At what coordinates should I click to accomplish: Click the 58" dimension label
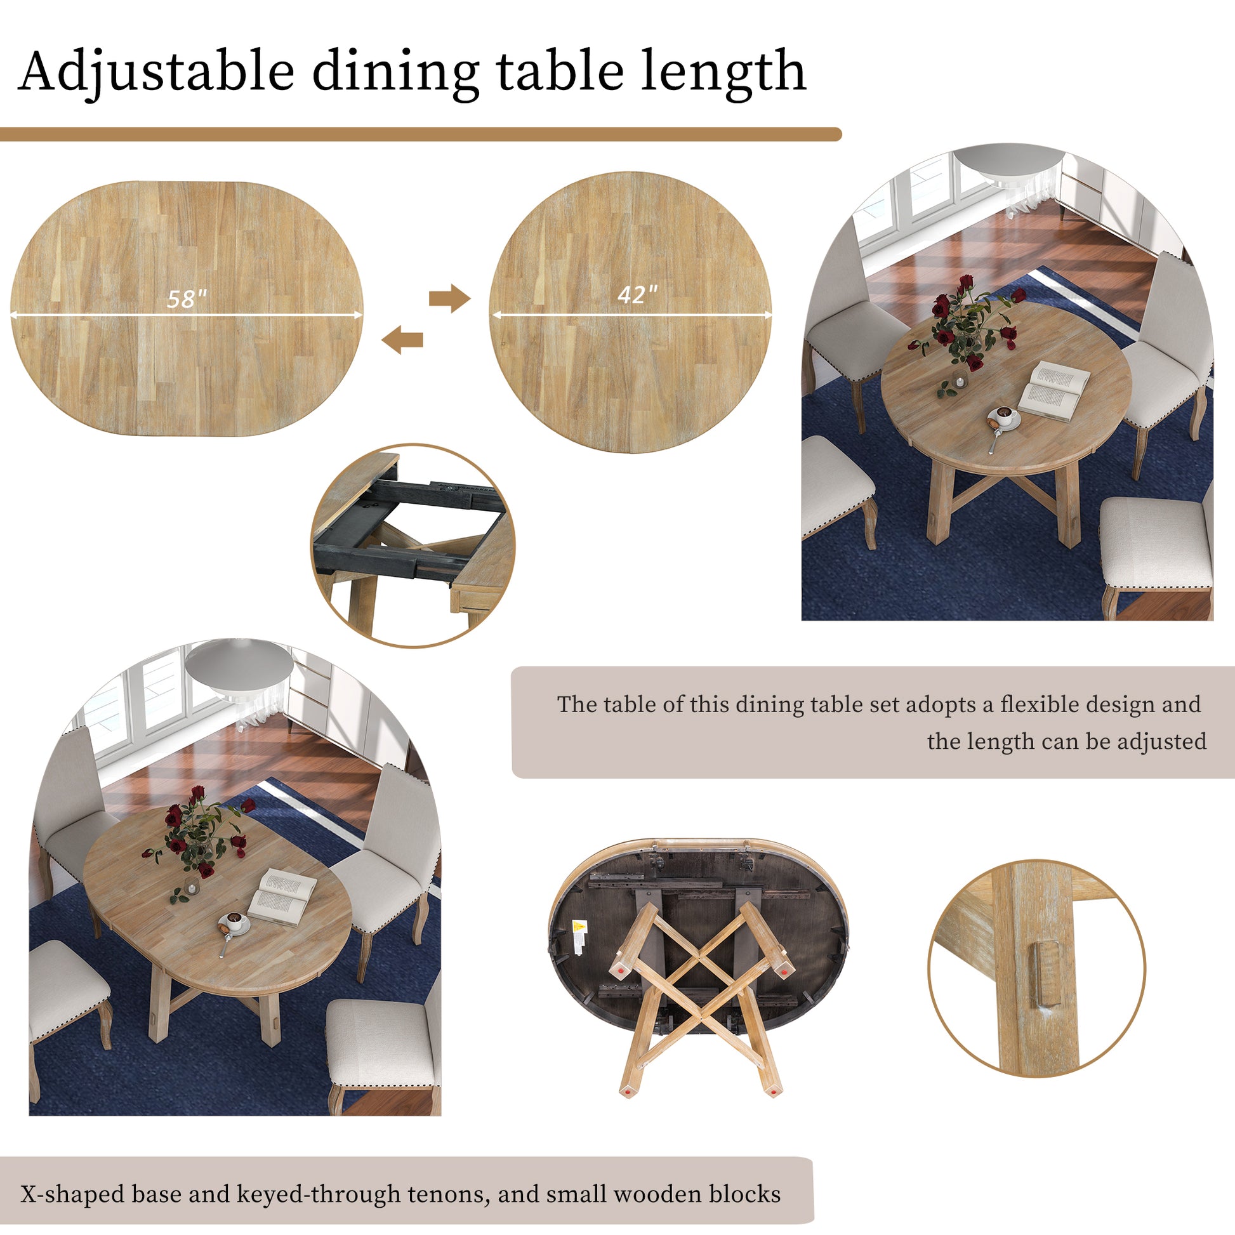pyautogui.click(x=187, y=298)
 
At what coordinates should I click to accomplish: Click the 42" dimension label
pyautogui.click(x=637, y=294)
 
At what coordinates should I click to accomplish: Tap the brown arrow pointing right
pyautogui.click(x=449, y=298)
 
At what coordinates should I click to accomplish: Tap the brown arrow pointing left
pyautogui.click(x=402, y=339)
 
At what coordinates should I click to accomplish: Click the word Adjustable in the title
pyautogui.click(x=157, y=72)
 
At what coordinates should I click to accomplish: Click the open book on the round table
pyautogui.click(x=1053, y=390)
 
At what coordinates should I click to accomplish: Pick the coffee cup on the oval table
pyautogui.click(x=235, y=921)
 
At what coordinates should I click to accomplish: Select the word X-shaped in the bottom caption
pyautogui.click(x=72, y=1194)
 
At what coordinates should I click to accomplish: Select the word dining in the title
pyautogui.click(x=395, y=72)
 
